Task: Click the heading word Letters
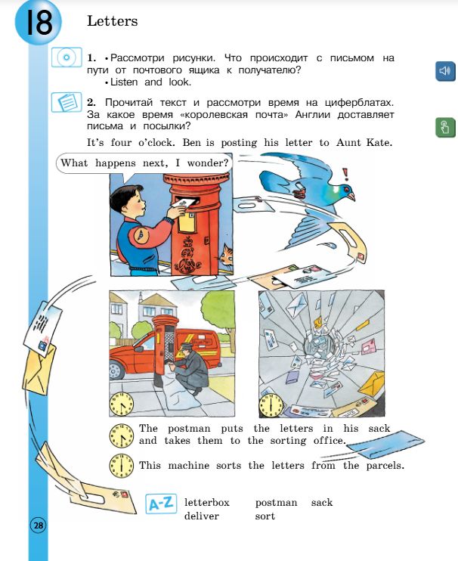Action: pos(113,21)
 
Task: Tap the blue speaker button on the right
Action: pos(444,71)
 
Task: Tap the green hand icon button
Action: pos(444,127)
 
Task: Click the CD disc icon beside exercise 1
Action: pos(66,57)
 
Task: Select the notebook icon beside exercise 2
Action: pos(66,101)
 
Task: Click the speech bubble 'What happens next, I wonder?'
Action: pos(144,163)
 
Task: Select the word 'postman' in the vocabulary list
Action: pos(276,502)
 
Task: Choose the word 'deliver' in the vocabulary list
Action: pos(201,516)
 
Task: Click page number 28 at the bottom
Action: pos(38,525)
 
